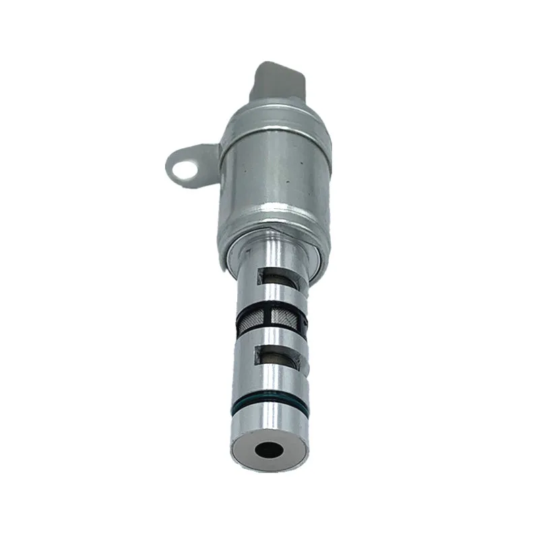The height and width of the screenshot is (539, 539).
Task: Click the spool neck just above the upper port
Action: (x=273, y=263)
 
